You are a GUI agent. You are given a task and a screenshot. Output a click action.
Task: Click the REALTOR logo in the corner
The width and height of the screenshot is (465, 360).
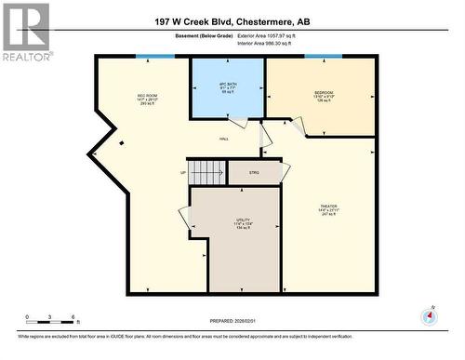[25, 32]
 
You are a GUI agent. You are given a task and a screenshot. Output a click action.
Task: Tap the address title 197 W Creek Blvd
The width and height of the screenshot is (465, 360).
[232, 20]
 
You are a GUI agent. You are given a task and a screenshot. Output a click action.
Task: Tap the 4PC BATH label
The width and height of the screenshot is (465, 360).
[228, 87]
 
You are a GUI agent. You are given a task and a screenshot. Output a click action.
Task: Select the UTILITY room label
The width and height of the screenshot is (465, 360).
[243, 221]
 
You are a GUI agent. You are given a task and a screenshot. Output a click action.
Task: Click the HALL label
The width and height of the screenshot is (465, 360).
[224, 139]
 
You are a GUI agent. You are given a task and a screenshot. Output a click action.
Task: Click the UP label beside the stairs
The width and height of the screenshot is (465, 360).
[183, 173]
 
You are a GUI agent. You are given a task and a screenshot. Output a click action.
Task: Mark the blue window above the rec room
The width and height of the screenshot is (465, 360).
[154, 56]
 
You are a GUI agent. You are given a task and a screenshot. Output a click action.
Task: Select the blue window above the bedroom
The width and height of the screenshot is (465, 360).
[323, 56]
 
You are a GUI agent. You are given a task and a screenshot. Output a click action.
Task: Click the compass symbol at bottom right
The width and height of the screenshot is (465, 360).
[429, 315]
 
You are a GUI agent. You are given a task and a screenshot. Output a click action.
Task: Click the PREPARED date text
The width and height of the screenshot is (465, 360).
[232, 322]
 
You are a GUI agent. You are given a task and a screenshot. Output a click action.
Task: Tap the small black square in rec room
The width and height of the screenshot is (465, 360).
[120, 142]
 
